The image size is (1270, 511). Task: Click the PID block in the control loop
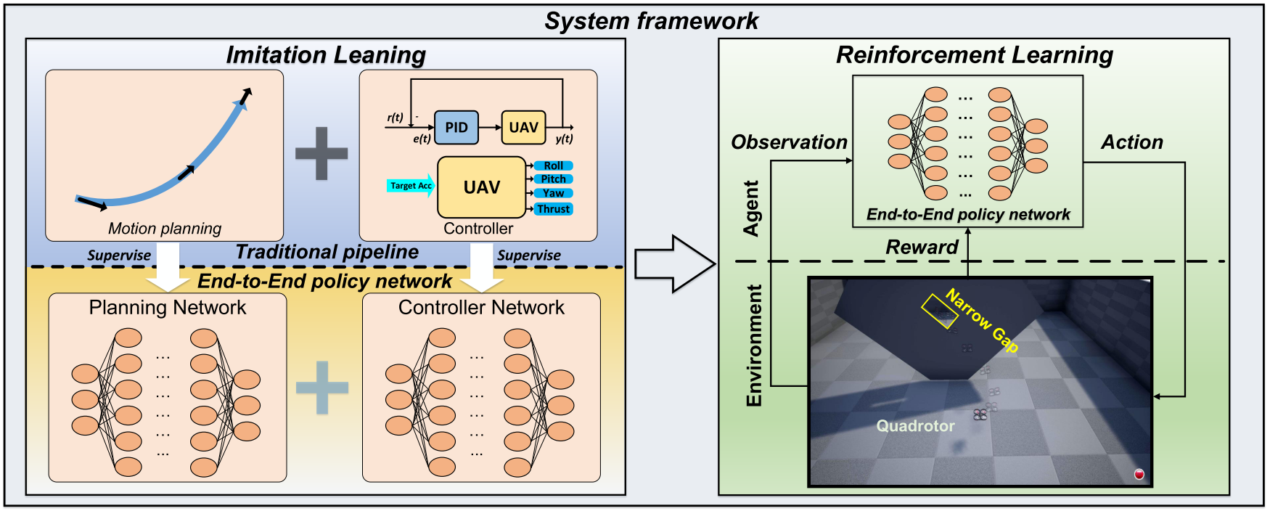click(x=456, y=128)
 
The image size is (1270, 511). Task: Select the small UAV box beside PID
click(x=523, y=128)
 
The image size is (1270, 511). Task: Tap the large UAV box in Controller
click(x=482, y=187)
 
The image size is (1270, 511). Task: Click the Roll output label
click(x=554, y=165)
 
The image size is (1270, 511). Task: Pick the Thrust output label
click(x=554, y=209)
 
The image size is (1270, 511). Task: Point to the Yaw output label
click(x=554, y=193)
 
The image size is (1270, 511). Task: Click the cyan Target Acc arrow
click(x=411, y=186)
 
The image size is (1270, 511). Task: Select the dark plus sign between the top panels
click(x=321, y=153)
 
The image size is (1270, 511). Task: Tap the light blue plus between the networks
click(x=322, y=388)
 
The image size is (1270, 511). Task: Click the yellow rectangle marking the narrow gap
click(x=940, y=311)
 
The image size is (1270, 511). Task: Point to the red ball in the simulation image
click(x=1139, y=474)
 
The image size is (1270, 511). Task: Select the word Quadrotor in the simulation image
click(x=916, y=426)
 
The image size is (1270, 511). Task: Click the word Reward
click(x=922, y=248)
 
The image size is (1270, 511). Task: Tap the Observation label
click(x=789, y=142)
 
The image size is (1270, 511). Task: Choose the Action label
click(x=1132, y=142)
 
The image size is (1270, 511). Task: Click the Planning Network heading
click(x=168, y=308)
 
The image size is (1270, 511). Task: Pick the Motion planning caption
click(x=165, y=229)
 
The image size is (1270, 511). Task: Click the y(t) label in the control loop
click(x=564, y=139)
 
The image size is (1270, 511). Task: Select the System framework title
click(x=652, y=21)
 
